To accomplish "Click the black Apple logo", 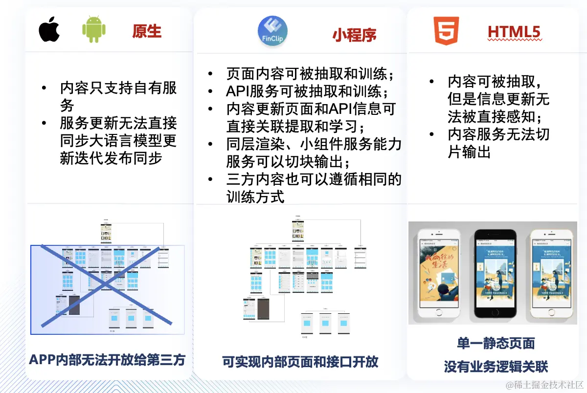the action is (49, 30).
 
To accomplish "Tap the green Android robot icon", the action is (94, 30).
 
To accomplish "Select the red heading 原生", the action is (147, 31).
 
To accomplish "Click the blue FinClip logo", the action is (272, 31).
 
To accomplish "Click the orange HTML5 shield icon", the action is (446, 31).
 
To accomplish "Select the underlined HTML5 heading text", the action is (514, 32).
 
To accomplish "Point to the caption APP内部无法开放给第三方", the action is (107, 360).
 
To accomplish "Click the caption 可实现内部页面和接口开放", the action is (300, 362).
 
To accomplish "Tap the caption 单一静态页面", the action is (496, 343).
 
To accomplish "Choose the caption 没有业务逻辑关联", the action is (496, 366).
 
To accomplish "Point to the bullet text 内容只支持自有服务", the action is (118, 96).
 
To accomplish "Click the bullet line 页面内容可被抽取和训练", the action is (310, 74).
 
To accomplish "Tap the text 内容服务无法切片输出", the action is (498, 143).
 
